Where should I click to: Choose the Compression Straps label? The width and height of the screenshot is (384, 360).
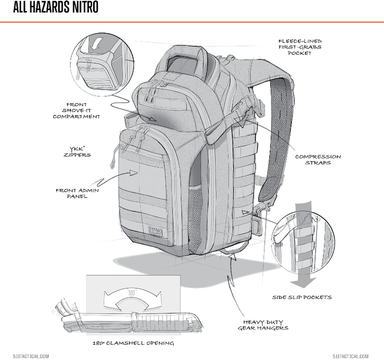(x=318, y=159)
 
